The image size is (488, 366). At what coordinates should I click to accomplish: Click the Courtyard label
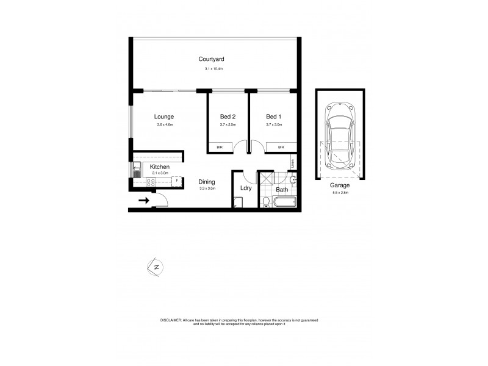tap(212, 59)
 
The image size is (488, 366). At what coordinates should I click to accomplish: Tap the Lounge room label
tap(164, 117)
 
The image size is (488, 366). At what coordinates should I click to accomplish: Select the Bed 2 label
tap(228, 117)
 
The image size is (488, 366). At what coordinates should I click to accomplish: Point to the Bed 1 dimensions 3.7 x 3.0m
tap(274, 124)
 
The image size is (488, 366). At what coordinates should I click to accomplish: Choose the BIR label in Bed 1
tap(281, 147)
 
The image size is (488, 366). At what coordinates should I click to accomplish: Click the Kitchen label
tap(160, 167)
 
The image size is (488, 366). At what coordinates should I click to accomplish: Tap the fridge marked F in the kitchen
tap(177, 181)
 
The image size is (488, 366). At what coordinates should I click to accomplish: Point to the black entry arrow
tap(144, 199)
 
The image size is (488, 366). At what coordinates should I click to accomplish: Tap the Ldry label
tap(246, 189)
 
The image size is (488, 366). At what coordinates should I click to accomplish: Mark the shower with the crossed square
tap(266, 180)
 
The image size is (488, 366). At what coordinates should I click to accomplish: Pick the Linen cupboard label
tap(292, 163)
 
